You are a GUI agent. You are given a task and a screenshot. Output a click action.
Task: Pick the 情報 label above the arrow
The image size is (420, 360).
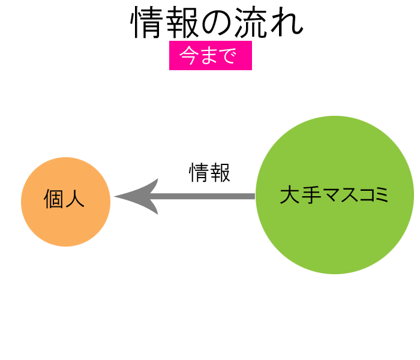point(209,173)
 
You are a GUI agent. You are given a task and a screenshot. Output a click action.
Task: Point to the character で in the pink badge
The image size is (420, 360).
point(226,56)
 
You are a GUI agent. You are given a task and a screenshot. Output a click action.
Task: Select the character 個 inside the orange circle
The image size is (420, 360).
point(54,200)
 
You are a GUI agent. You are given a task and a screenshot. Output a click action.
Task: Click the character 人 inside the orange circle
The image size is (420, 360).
point(75,200)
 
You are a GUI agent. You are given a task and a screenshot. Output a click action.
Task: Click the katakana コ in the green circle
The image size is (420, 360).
point(362,196)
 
